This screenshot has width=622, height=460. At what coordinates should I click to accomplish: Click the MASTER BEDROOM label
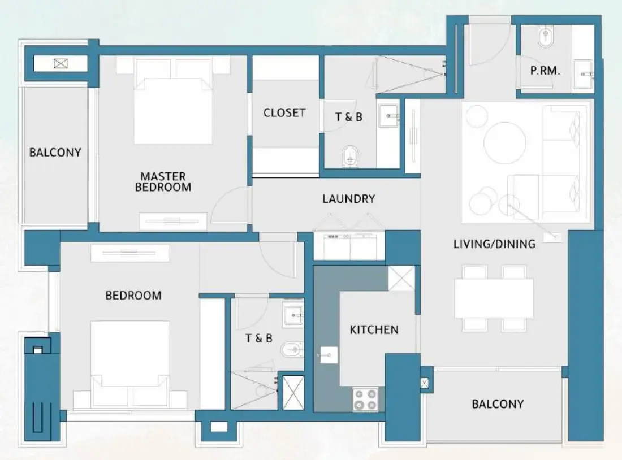pos(163,182)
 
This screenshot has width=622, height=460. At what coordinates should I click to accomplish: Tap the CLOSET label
pos(284,112)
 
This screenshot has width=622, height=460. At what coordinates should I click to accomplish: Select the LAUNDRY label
pos(348,199)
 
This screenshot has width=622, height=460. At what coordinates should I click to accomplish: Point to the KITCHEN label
pos(374,329)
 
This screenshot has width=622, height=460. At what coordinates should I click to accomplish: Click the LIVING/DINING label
pos(494,244)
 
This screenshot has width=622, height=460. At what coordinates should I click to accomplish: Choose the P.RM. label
pos(545,71)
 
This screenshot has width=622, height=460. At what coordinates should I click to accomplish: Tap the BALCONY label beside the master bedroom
pos(55,152)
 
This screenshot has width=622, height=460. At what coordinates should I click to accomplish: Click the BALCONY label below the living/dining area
pos(498,404)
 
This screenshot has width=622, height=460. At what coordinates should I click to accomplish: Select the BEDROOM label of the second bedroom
pos(133,295)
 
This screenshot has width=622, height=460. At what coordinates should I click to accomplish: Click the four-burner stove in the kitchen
pos(365,399)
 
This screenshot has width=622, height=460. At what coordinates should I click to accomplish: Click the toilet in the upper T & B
pos(350,156)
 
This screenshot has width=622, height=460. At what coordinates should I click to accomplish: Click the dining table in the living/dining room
pos(494,298)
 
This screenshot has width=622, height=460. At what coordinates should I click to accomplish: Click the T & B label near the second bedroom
pos(258,338)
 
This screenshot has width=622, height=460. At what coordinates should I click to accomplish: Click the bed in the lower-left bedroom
pos(130,362)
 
